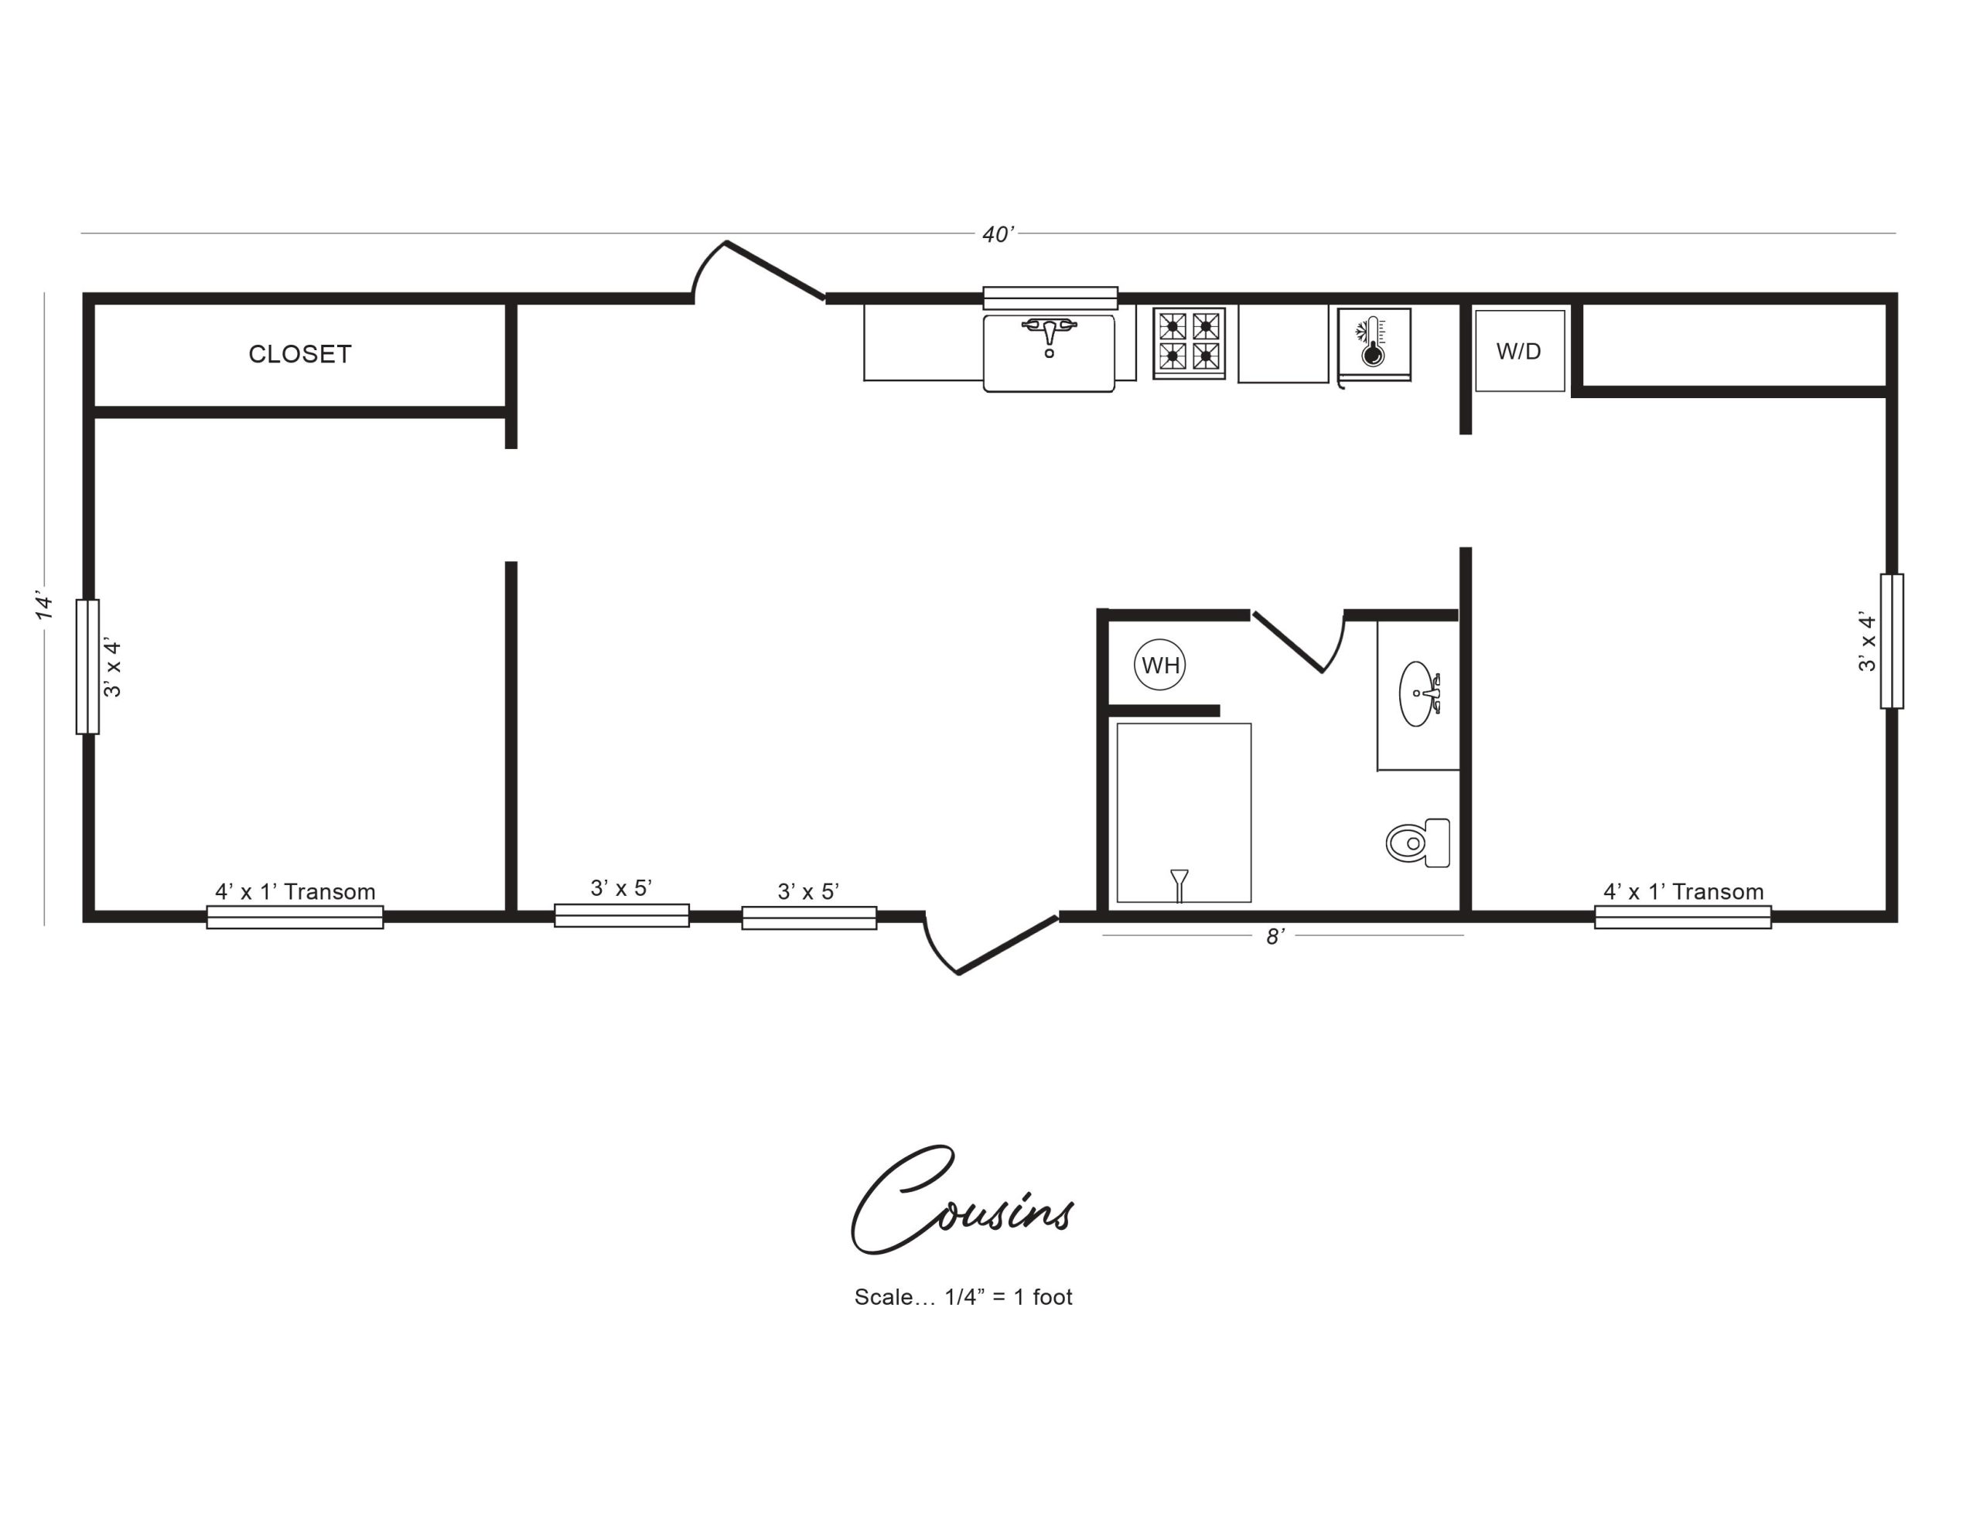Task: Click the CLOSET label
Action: point(300,354)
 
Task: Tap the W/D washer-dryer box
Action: point(1520,351)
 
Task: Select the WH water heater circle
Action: point(1159,666)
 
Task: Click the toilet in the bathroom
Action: point(1417,843)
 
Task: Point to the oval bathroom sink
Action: point(1418,694)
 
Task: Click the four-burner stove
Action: point(1189,342)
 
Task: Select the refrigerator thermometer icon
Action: point(1373,342)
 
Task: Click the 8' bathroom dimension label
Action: point(1275,937)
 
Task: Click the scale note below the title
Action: point(963,1297)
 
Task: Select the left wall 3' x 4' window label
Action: point(112,667)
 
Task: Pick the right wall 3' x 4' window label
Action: point(1866,642)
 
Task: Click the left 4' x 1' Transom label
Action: point(295,892)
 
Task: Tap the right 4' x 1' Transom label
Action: point(1684,892)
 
